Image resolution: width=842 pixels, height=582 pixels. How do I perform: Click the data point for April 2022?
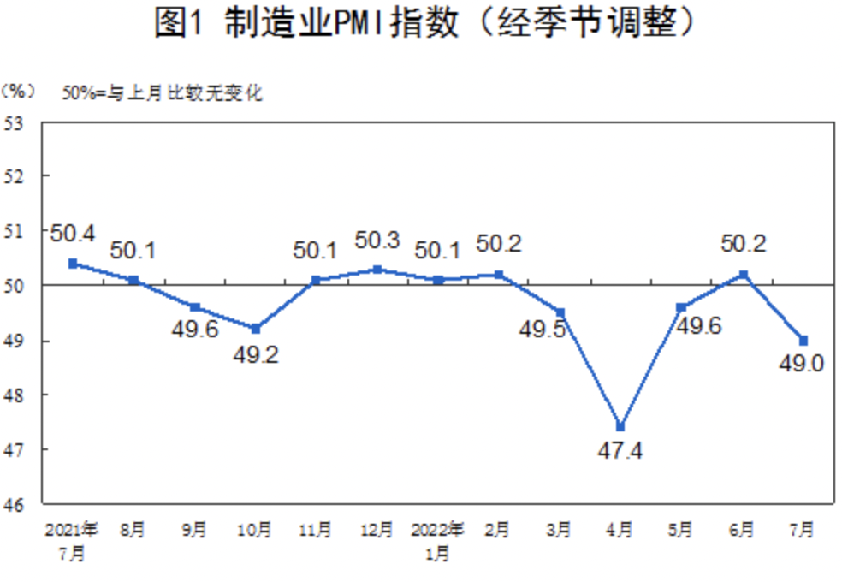point(620,427)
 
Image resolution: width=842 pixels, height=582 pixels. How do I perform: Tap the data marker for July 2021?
point(73,263)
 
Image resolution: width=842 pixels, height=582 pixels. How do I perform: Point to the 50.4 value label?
point(73,232)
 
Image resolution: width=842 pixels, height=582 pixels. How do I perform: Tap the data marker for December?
point(377,269)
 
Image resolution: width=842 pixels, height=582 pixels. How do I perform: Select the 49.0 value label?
point(801,365)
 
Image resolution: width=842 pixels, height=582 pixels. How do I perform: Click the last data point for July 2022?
point(803,340)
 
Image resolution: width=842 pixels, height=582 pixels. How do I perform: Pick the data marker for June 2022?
point(744,275)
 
